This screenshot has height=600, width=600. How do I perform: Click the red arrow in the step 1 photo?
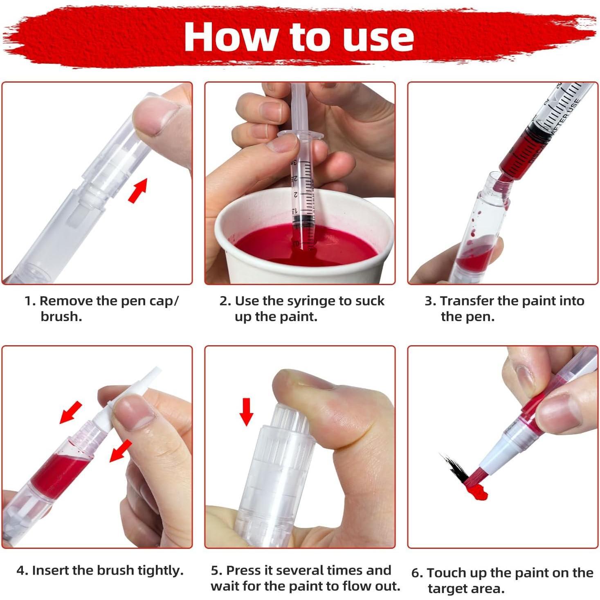(138, 190)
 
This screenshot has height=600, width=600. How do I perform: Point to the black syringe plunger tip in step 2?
(302, 221)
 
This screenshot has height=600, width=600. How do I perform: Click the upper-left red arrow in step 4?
(70, 413)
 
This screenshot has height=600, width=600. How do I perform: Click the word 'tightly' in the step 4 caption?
(160, 571)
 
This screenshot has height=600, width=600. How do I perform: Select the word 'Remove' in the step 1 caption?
(66, 301)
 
